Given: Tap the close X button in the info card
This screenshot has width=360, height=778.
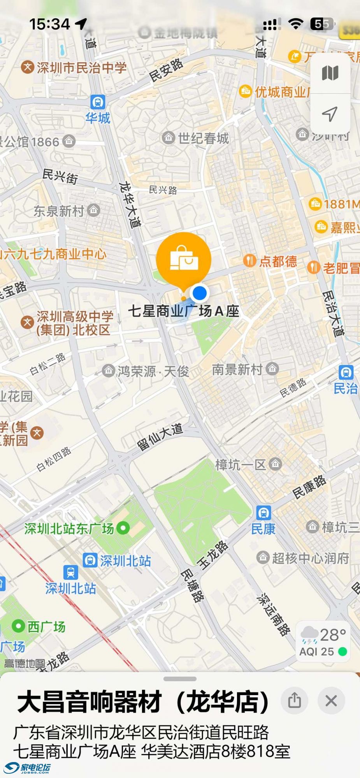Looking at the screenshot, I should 331,701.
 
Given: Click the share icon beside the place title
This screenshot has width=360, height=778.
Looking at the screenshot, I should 295,701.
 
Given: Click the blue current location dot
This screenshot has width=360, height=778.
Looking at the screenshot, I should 200,293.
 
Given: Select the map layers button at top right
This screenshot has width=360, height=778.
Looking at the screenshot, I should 330,73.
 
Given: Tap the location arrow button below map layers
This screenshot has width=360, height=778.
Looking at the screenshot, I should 330,114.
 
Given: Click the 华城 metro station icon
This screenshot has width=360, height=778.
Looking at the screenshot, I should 98,102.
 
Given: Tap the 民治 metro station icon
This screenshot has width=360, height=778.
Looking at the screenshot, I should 346,372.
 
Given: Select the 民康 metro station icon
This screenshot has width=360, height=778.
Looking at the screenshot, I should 263,513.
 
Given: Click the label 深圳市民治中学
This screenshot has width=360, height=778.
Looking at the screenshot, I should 81,68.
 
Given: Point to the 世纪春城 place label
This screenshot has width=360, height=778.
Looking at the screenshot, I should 203,138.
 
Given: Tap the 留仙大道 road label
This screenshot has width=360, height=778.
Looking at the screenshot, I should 160,437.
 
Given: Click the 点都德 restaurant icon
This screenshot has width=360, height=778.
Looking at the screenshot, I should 249,261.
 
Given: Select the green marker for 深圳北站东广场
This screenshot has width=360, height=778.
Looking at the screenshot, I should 123,528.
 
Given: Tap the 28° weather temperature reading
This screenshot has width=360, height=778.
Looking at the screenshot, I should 333,635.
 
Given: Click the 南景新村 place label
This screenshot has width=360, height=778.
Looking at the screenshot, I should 237,369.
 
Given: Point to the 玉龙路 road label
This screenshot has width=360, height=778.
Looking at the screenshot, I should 213,555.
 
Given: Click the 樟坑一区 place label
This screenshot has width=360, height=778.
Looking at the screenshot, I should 241,464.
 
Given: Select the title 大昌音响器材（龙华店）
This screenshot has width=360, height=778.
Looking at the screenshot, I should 143,701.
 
